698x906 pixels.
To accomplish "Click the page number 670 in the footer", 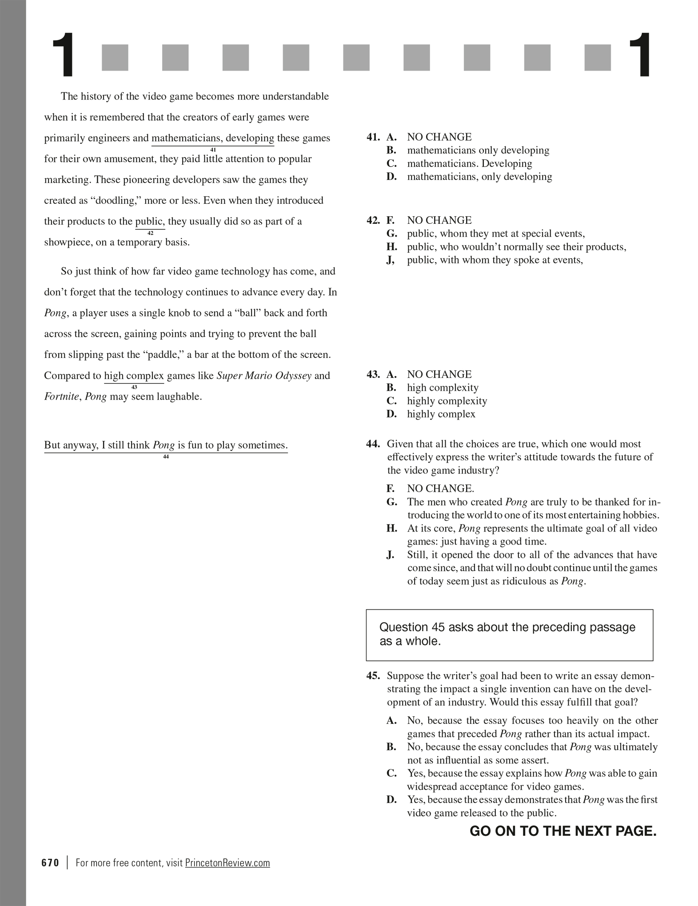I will pos(50,863).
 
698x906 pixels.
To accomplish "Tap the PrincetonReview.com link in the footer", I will pos(227,863).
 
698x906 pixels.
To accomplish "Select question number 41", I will pos(373,137).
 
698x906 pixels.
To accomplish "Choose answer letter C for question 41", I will pos(392,163).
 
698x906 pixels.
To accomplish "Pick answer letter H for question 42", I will pos(392,247).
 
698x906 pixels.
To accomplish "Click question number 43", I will pos(373,374).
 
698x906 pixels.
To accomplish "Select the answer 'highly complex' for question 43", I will pos(441,414).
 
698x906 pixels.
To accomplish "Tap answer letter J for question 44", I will pos(391,555).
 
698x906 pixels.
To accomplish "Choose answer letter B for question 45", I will pos(391,747).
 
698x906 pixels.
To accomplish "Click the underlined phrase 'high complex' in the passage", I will pos(134,376).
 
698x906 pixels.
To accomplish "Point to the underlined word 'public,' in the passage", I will pos(150,222).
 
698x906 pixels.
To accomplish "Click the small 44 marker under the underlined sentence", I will pos(166,457).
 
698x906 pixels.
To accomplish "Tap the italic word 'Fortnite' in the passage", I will pos(61,397).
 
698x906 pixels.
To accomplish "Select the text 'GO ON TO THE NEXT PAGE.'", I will pos(563,831).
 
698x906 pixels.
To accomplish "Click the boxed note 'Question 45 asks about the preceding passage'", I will pos(509,634).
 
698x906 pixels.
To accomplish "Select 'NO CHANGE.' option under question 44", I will pos(441,489).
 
